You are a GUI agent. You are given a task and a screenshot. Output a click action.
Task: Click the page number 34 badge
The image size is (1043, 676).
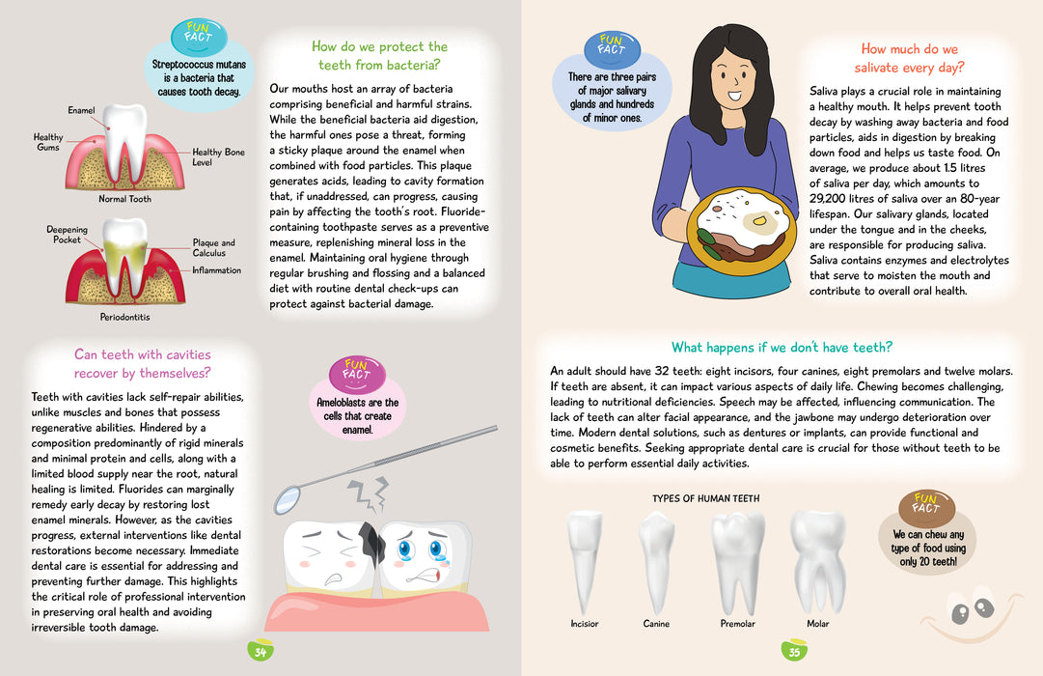coord(261,650)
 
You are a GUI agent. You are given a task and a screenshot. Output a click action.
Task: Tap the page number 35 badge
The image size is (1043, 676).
coord(794,650)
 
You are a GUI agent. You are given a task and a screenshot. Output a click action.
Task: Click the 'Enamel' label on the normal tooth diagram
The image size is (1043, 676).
coord(81,110)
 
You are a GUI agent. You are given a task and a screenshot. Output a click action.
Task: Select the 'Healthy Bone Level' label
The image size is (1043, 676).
coord(218,157)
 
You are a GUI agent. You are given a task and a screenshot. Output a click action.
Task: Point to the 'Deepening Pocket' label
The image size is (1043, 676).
coord(67,235)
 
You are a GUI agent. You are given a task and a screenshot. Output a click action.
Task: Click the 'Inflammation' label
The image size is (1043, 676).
coord(217,270)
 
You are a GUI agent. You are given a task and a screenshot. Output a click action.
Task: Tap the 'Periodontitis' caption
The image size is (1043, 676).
coord(125,317)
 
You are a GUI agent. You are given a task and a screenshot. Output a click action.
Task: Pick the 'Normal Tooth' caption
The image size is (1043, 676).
coord(125,199)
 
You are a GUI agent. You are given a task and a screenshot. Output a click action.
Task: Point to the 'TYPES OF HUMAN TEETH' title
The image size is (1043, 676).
coord(705,498)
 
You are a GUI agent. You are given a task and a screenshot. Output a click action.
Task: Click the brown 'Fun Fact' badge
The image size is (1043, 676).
coord(926,508)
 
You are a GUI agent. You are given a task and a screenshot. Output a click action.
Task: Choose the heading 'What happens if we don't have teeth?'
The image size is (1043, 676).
coord(782,347)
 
